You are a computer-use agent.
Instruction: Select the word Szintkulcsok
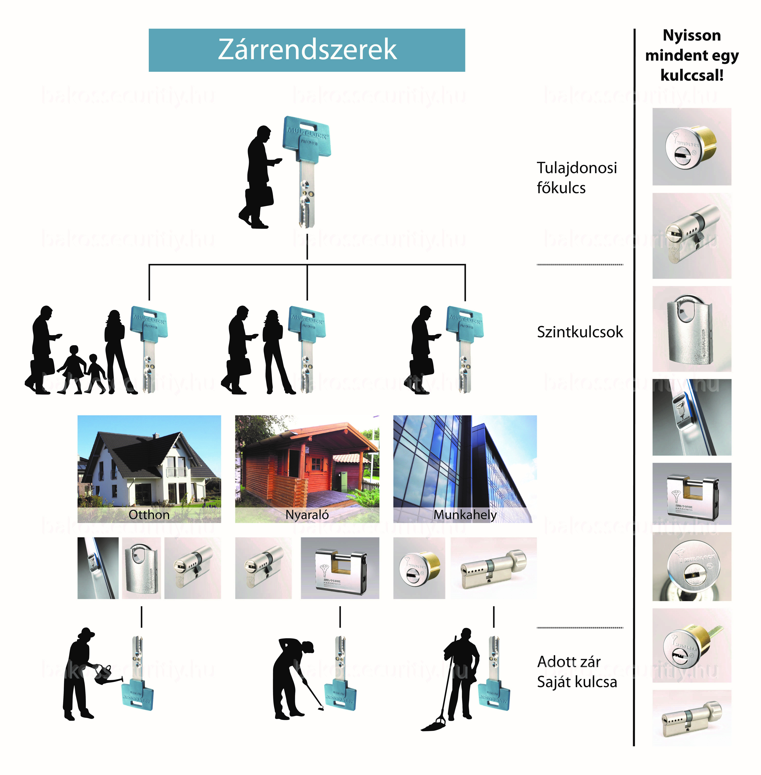click(580, 332)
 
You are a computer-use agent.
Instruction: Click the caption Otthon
click(149, 514)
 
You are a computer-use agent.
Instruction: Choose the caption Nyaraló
click(307, 514)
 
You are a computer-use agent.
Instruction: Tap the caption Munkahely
click(465, 514)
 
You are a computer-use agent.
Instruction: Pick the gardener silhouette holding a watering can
click(80, 675)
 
